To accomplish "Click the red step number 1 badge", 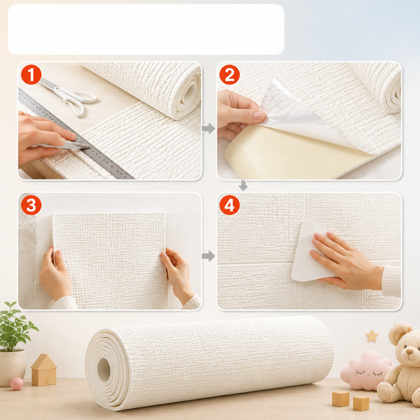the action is pyautogui.click(x=31, y=75).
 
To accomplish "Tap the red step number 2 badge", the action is pyautogui.click(x=229, y=75).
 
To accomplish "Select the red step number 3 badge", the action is pyautogui.click(x=31, y=205).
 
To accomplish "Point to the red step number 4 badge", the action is pyautogui.click(x=229, y=205).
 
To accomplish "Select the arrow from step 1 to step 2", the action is pyautogui.click(x=208, y=129).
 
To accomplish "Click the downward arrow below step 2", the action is pyautogui.click(x=243, y=185).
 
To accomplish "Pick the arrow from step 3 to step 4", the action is pyautogui.click(x=208, y=256).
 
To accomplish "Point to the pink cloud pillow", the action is pyautogui.click(x=366, y=371).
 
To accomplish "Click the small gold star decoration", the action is pyautogui.click(x=372, y=335).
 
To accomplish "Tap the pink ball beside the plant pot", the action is pyautogui.click(x=17, y=384).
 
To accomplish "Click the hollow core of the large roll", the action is pyautogui.click(x=103, y=370).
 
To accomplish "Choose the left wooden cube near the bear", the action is pyautogui.click(x=341, y=398).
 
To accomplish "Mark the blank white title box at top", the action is pyautogui.click(x=146, y=29).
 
